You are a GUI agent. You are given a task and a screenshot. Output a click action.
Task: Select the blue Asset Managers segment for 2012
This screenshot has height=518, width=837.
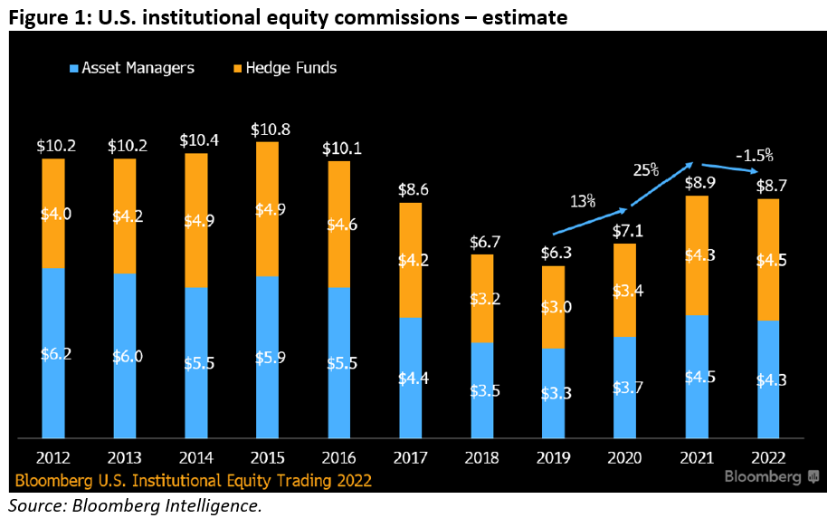[x=53, y=353]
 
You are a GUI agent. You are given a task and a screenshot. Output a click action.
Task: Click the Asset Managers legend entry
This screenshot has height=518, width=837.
[x=131, y=68]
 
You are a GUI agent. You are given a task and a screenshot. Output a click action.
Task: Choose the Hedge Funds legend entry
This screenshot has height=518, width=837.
[x=285, y=68]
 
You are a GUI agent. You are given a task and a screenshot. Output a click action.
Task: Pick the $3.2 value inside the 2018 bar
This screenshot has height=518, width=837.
[x=482, y=298]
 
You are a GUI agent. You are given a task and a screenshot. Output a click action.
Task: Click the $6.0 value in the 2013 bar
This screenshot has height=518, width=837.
[x=125, y=356]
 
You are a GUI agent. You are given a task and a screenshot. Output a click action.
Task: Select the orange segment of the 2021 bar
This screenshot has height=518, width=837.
[x=697, y=255]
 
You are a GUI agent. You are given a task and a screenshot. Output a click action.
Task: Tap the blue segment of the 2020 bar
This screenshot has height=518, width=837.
[x=625, y=388]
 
